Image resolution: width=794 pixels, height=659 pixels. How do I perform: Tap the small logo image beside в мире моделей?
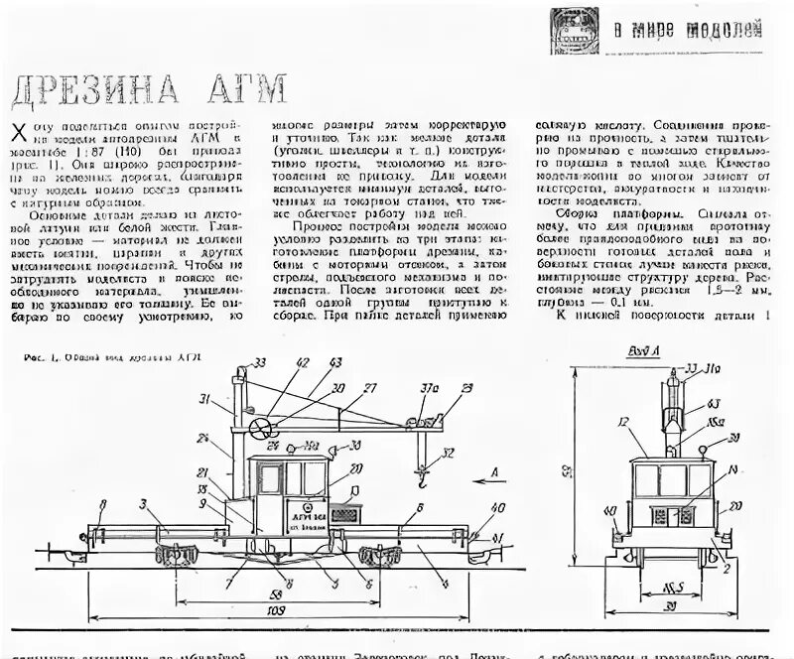(x=578, y=30)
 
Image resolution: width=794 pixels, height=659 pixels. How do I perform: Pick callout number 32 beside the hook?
(x=448, y=455)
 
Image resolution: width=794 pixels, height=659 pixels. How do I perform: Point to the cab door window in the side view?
(x=270, y=479)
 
